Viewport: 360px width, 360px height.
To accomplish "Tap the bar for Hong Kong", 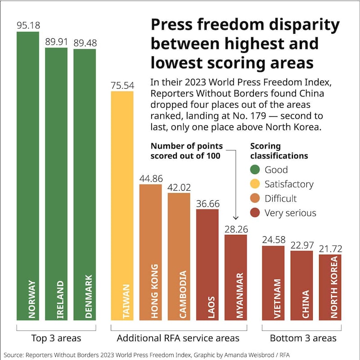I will [151, 252].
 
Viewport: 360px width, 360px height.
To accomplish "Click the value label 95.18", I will [28, 25].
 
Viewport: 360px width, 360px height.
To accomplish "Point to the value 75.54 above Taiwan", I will [122, 85].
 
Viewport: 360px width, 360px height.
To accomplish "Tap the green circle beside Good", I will [255, 170].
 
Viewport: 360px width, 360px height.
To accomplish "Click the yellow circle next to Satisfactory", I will [255, 184].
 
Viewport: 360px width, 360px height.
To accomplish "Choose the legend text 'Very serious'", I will [290, 213].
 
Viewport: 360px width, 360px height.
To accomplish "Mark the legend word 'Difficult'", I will [281, 198].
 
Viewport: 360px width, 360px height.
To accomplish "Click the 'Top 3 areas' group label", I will [56, 337].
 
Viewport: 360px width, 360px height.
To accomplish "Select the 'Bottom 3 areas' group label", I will [301, 337].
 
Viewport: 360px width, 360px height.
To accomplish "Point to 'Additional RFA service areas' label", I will [178, 337].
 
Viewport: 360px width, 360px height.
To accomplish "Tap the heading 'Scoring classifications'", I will [279, 151].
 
